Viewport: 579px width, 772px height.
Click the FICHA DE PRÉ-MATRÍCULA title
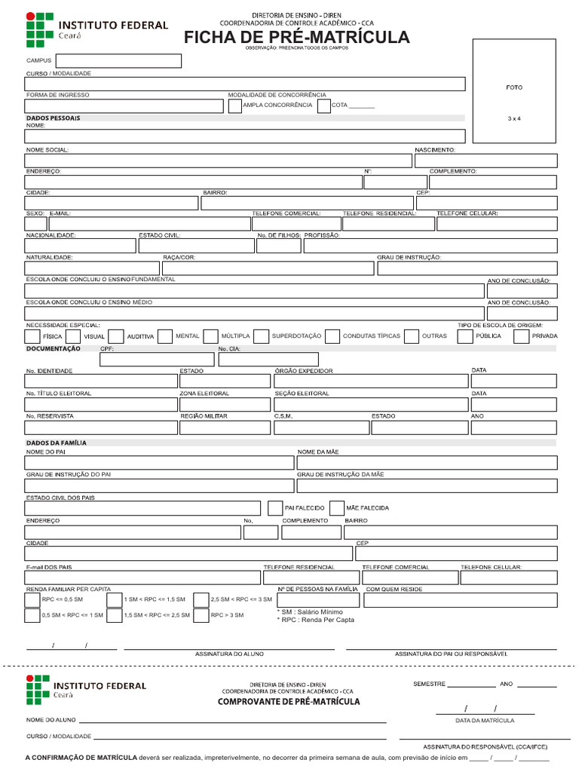coord(296,38)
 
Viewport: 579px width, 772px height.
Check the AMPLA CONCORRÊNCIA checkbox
coord(234,106)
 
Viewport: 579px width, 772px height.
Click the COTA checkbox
coord(323,106)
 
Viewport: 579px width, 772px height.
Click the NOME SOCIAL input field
coord(219,161)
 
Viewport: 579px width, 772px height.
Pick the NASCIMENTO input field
coord(486,161)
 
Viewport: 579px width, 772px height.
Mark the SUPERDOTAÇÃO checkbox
coord(261,336)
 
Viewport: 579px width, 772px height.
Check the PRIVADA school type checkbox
coord(521,336)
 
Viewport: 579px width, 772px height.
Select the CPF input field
coord(156,360)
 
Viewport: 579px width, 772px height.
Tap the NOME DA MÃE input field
coord(427,463)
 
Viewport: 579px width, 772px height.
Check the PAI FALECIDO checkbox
coord(274,508)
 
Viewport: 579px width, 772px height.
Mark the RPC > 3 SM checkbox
coord(201,615)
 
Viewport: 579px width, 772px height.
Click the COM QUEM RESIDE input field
coord(460,600)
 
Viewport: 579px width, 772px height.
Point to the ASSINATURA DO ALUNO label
coord(229,654)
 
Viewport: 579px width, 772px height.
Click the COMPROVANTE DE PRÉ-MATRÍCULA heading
coord(289,702)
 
